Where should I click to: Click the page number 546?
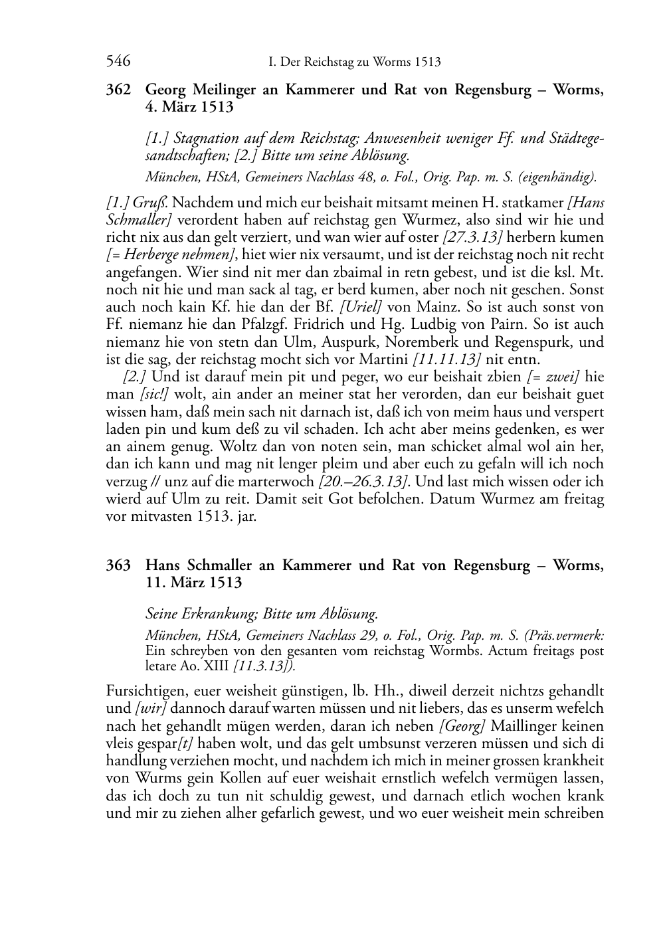coord(118,62)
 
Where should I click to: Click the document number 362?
coord(118,90)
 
